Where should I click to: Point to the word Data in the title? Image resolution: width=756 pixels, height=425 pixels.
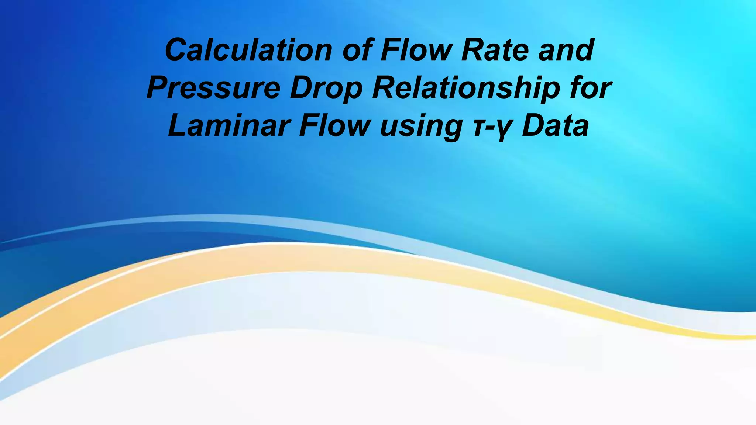555,126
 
